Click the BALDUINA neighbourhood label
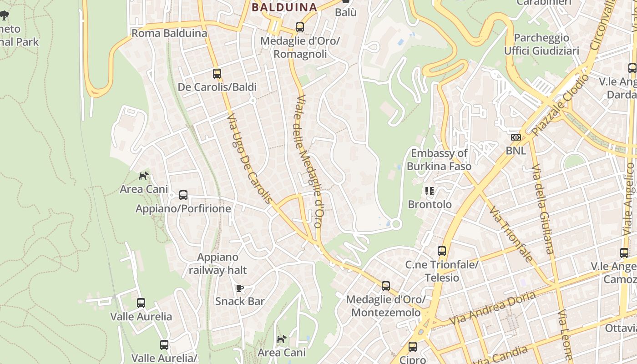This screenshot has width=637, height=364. pos(284,7)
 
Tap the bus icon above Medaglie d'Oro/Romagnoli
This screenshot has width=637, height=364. pos(299,27)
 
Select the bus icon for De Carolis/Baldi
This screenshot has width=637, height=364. pos(217,73)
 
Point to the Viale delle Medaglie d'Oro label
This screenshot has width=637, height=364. pos(309,162)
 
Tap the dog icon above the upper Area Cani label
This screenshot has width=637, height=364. pos(144,176)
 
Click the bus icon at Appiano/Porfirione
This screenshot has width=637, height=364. pos(183,195)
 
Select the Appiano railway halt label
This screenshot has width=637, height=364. pos(217,264)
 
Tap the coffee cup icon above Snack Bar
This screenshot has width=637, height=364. pos(240,288)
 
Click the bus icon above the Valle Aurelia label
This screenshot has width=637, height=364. pos(141,303)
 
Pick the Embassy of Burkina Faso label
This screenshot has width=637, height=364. pos(439,160)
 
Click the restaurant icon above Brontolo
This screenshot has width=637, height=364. pos(430,191)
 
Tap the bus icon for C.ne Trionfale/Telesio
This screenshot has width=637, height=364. pos(441,251)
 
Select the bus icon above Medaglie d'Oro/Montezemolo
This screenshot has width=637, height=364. pos(386,286)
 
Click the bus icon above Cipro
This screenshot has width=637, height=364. pos(413,347)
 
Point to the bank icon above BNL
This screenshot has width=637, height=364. pos(516,137)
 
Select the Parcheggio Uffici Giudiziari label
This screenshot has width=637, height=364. pos(541,44)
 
